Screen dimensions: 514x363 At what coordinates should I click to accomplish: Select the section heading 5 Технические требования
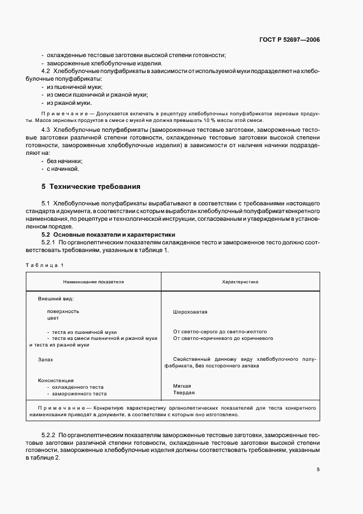91,186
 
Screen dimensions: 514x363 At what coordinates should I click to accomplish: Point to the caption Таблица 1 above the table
45,265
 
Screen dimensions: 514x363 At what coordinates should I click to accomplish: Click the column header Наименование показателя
93,282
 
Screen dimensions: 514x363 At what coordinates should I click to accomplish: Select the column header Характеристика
240,282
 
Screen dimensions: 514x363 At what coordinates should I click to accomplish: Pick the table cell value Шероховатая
190,311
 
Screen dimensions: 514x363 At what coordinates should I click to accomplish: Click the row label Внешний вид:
55,299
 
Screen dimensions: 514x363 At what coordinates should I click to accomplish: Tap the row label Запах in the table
46,359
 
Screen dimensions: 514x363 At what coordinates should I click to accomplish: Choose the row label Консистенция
55,380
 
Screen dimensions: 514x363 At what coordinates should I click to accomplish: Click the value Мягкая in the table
182,386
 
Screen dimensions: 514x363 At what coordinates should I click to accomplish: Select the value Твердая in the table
183,393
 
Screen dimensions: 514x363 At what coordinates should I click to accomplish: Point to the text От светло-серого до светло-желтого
220,332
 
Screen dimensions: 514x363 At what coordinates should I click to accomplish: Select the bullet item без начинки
64,161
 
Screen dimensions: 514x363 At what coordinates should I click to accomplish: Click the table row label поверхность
63,311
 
